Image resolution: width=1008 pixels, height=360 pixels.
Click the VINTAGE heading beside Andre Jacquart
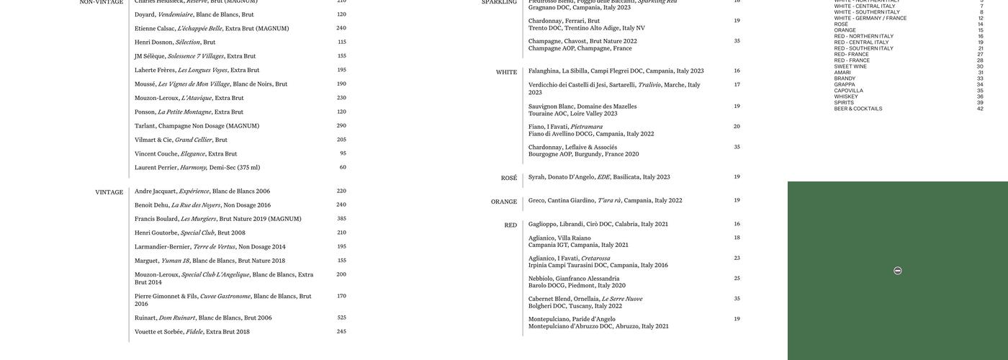coord(109,192)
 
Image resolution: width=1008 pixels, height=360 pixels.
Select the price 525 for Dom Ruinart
coord(341,318)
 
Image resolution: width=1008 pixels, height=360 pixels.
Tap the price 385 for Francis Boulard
coord(341,219)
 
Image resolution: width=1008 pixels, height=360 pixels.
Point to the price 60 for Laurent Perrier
coord(343,167)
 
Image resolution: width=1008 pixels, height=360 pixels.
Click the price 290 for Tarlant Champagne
coord(341,126)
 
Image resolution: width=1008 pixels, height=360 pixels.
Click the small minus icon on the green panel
coord(897,271)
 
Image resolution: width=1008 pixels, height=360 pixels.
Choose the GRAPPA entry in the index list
coord(845,85)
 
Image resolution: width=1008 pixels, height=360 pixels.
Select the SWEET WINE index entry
coord(850,66)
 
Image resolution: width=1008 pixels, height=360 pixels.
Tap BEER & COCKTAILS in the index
coord(858,109)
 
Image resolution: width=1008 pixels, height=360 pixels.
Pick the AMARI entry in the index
coord(842,73)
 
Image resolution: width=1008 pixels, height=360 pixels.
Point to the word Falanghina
coord(544,71)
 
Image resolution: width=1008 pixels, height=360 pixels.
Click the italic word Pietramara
coord(586,127)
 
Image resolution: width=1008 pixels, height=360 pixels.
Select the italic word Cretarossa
coord(595,258)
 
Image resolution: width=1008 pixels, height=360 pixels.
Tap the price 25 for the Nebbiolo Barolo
coord(737,279)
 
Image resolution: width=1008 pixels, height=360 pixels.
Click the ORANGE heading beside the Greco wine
coord(504,202)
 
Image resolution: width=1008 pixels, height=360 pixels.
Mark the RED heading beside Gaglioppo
coord(510,225)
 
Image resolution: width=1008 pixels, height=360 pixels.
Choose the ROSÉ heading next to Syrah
coord(509,179)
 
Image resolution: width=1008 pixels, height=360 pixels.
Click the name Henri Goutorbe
coord(156,233)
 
